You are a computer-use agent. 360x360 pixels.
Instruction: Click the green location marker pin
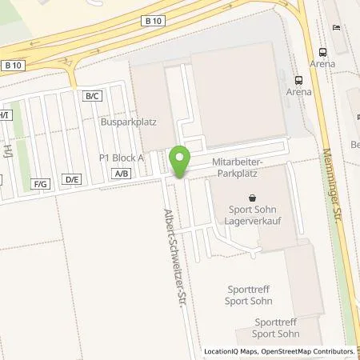[181, 161]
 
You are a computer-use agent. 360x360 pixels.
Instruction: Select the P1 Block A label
[121, 158]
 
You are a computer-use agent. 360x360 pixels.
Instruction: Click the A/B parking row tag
[122, 173]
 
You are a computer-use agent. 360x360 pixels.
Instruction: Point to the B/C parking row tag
[93, 96]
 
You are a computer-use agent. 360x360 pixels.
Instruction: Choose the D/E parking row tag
[73, 179]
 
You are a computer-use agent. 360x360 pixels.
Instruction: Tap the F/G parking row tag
[41, 184]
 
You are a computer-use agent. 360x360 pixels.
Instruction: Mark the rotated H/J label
[6, 151]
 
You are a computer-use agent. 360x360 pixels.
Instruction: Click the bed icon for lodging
[336, 28]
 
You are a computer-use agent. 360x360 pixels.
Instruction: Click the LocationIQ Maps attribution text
[230, 351]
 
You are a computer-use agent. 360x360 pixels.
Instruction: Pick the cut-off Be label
[354, 144]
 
